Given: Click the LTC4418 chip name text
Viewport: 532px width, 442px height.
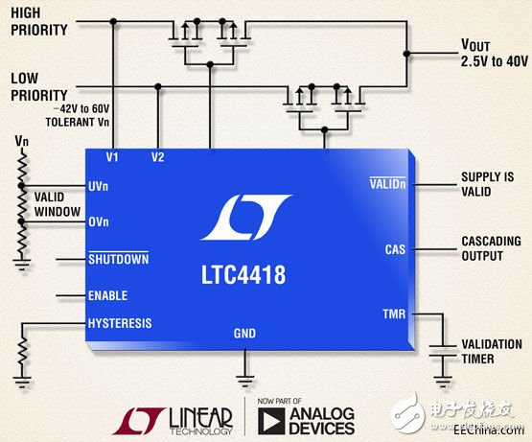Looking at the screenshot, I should pyautogui.click(x=243, y=276).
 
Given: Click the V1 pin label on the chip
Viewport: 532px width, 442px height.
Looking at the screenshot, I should pyautogui.click(x=113, y=155).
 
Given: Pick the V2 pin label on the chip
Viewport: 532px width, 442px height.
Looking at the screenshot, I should pyautogui.click(x=158, y=155).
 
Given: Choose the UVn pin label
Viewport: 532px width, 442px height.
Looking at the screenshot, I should pyautogui.click(x=99, y=187).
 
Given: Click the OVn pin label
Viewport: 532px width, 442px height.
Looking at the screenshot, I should pyautogui.click(x=99, y=222).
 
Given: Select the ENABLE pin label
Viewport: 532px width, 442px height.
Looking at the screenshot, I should pyautogui.click(x=107, y=296).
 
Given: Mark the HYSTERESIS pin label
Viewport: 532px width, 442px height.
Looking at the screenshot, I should pyautogui.click(x=119, y=323).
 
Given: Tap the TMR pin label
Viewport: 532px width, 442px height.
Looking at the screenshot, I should pyautogui.click(x=394, y=314).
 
